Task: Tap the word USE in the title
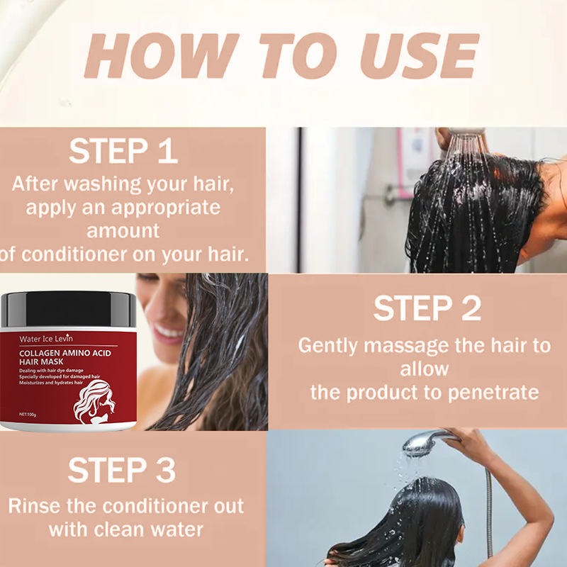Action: (x=420, y=56)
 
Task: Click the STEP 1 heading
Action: (x=123, y=151)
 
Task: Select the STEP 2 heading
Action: (x=427, y=308)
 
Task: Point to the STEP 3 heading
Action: (x=121, y=470)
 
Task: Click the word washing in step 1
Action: (x=103, y=184)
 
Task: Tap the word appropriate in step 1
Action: (x=166, y=208)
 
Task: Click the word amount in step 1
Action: (x=123, y=231)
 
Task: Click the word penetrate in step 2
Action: (x=493, y=393)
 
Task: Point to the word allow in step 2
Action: (x=425, y=369)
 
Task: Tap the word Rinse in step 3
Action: (x=34, y=506)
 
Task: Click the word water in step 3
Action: (x=176, y=529)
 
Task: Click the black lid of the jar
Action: (x=68, y=309)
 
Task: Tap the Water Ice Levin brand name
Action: (x=46, y=339)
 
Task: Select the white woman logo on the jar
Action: (x=94, y=401)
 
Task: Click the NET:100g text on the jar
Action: (x=28, y=415)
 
